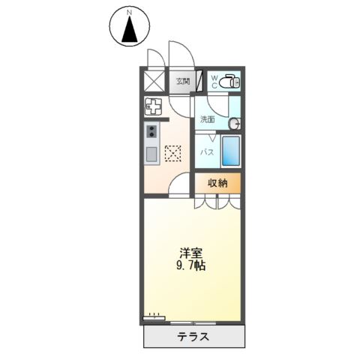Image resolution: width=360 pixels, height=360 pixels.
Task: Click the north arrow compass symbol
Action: pyautogui.click(x=129, y=30)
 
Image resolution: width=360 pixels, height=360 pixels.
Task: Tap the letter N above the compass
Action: pyautogui.click(x=129, y=11)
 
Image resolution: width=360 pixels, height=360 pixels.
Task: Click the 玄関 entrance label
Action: pyautogui.click(x=183, y=81)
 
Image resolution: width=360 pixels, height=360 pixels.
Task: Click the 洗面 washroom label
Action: pyautogui.click(x=208, y=119)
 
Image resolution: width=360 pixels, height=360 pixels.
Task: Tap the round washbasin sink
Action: pyautogui.click(x=234, y=123)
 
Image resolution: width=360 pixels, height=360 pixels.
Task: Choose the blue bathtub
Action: pyautogui.click(x=231, y=152)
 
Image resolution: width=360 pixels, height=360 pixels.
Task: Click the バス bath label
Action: pyautogui.click(x=208, y=152)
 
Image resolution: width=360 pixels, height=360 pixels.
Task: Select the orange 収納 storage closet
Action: pyautogui.click(x=218, y=182)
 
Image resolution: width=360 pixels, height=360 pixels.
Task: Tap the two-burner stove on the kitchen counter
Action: pyautogui.click(x=151, y=133)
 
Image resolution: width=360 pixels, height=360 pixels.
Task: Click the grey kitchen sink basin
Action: pyautogui.click(x=151, y=156)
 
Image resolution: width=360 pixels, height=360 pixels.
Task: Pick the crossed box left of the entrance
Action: pyautogui.click(x=154, y=80)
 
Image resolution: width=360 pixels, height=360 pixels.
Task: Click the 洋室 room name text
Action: pyautogui.click(x=187, y=252)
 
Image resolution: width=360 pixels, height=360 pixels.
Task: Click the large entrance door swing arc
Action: pyautogui.click(x=181, y=56)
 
